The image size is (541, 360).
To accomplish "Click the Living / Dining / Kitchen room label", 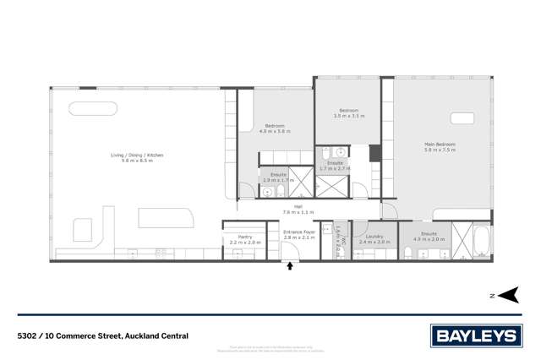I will click(137, 157).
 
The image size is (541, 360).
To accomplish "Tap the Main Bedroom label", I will click(440, 147).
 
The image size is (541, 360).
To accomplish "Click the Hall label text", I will click(298, 209).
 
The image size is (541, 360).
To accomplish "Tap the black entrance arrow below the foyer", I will click(291, 266).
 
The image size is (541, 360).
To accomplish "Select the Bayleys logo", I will click(477, 335).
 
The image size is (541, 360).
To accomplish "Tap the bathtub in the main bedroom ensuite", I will click(481, 242).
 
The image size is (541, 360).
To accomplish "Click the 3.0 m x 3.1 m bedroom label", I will click(349, 113).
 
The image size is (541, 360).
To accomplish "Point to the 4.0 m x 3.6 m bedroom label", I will click(274, 128).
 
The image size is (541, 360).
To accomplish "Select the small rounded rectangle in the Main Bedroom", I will click(462, 118).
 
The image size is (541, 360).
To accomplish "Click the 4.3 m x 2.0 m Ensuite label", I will click(429, 236).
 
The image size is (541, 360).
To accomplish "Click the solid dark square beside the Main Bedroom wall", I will click(374, 153).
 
